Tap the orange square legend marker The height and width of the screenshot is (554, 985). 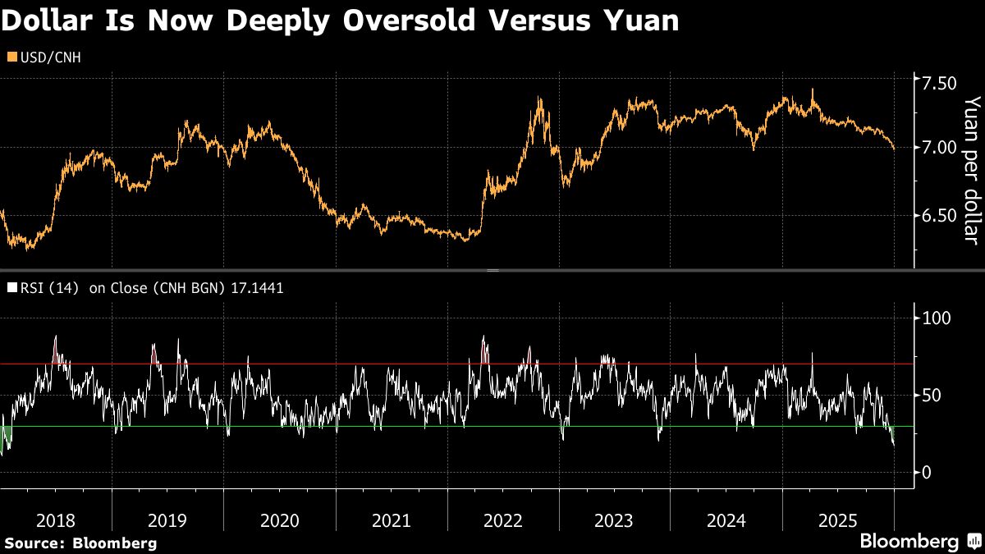(x=11, y=57)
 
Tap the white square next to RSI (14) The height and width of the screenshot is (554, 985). (x=11, y=288)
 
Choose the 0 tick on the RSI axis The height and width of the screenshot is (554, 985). (x=927, y=473)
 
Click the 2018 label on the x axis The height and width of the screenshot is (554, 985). (x=55, y=520)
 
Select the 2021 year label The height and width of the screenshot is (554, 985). (x=391, y=520)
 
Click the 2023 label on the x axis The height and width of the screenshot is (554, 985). (x=614, y=520)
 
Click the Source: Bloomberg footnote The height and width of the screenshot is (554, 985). (x=80, y=543)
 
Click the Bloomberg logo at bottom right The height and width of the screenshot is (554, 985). (x=919, y=542)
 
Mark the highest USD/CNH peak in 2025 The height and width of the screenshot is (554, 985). (x=813, y=89)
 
